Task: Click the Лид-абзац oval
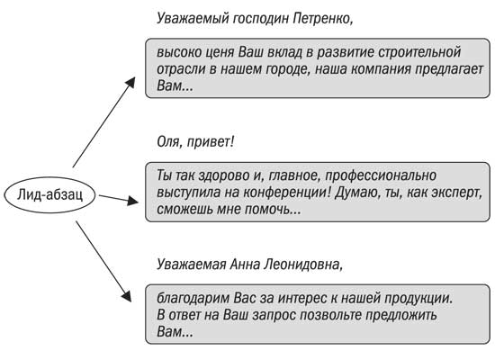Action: (49, 194)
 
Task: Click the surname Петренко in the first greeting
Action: (322, 19)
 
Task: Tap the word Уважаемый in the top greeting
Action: (193, 19)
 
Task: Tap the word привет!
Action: (211, 143)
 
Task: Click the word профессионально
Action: (381, 176)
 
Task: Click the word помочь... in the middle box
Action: (273, 210)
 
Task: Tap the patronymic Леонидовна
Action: (302, 265)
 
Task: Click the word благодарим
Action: (193, 299)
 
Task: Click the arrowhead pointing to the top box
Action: (130, 83)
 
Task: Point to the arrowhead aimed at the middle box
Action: (133, 201)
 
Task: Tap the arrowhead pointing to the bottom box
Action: (127, 295)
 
